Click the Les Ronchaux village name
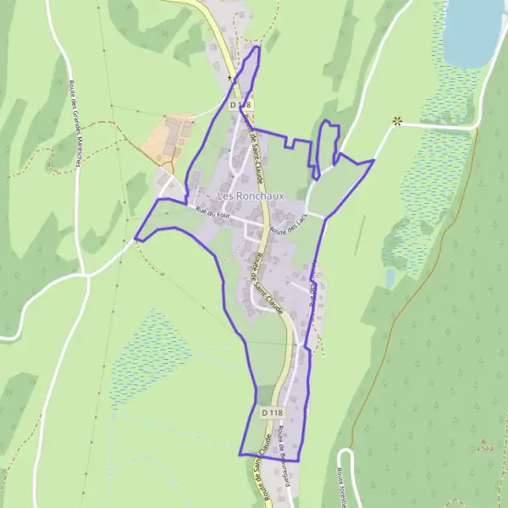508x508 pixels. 251,196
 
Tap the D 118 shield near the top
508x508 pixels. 241,104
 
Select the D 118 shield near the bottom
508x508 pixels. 271,411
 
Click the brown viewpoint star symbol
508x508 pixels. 396,122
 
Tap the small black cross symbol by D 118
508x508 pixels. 229,78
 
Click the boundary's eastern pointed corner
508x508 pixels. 373,159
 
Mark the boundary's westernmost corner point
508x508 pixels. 135,240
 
